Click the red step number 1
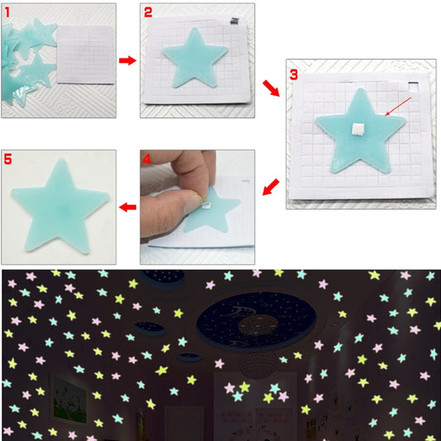click(8, 12)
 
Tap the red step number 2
click(148, 12)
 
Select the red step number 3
click(294, 74)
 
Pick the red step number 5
click(9, 158)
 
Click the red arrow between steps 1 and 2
click(127, 60)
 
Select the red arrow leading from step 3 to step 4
click(271, 188)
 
